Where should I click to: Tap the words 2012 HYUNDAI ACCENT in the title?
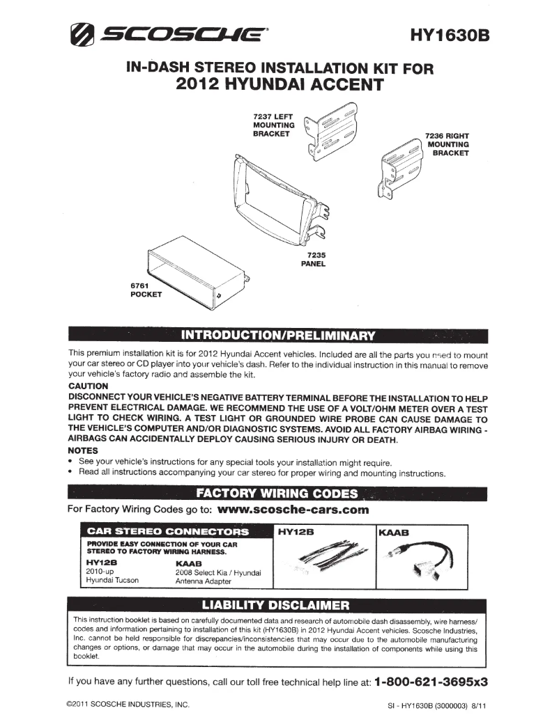(279, 85)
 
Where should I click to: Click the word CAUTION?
(89, 386)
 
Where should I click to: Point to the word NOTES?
(82, 450)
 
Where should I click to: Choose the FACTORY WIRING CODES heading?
(277, 494)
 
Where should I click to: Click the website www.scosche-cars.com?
(293, 510)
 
